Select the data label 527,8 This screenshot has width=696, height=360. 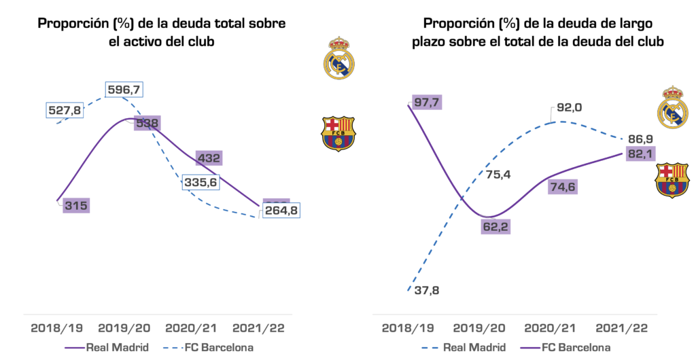pos(65,110)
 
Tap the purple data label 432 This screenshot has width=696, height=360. pos(209,158)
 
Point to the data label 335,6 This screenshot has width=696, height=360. pos(201,182)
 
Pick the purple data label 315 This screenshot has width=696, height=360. pos(75,206)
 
